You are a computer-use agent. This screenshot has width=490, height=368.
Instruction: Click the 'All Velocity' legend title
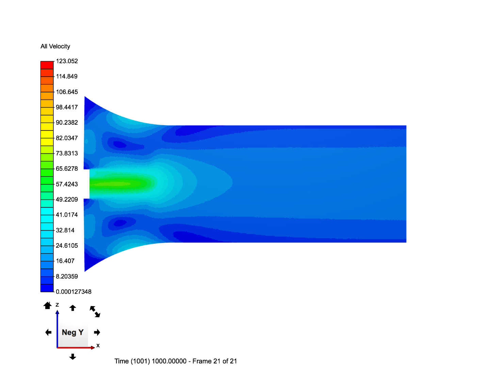55,46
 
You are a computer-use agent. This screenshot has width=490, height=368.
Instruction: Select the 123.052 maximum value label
67,61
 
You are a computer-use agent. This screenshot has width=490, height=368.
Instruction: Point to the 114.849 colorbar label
66,76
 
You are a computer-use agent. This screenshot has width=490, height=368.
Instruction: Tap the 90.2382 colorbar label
67,122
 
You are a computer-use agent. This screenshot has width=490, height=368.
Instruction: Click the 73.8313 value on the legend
67,153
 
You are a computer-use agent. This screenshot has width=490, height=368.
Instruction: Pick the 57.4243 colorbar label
67,184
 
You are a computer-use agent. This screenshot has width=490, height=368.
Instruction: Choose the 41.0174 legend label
67,215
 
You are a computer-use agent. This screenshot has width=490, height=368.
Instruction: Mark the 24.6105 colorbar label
67,246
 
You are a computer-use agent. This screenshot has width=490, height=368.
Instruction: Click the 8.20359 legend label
67,276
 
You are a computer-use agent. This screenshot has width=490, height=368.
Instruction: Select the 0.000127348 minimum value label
73,292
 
